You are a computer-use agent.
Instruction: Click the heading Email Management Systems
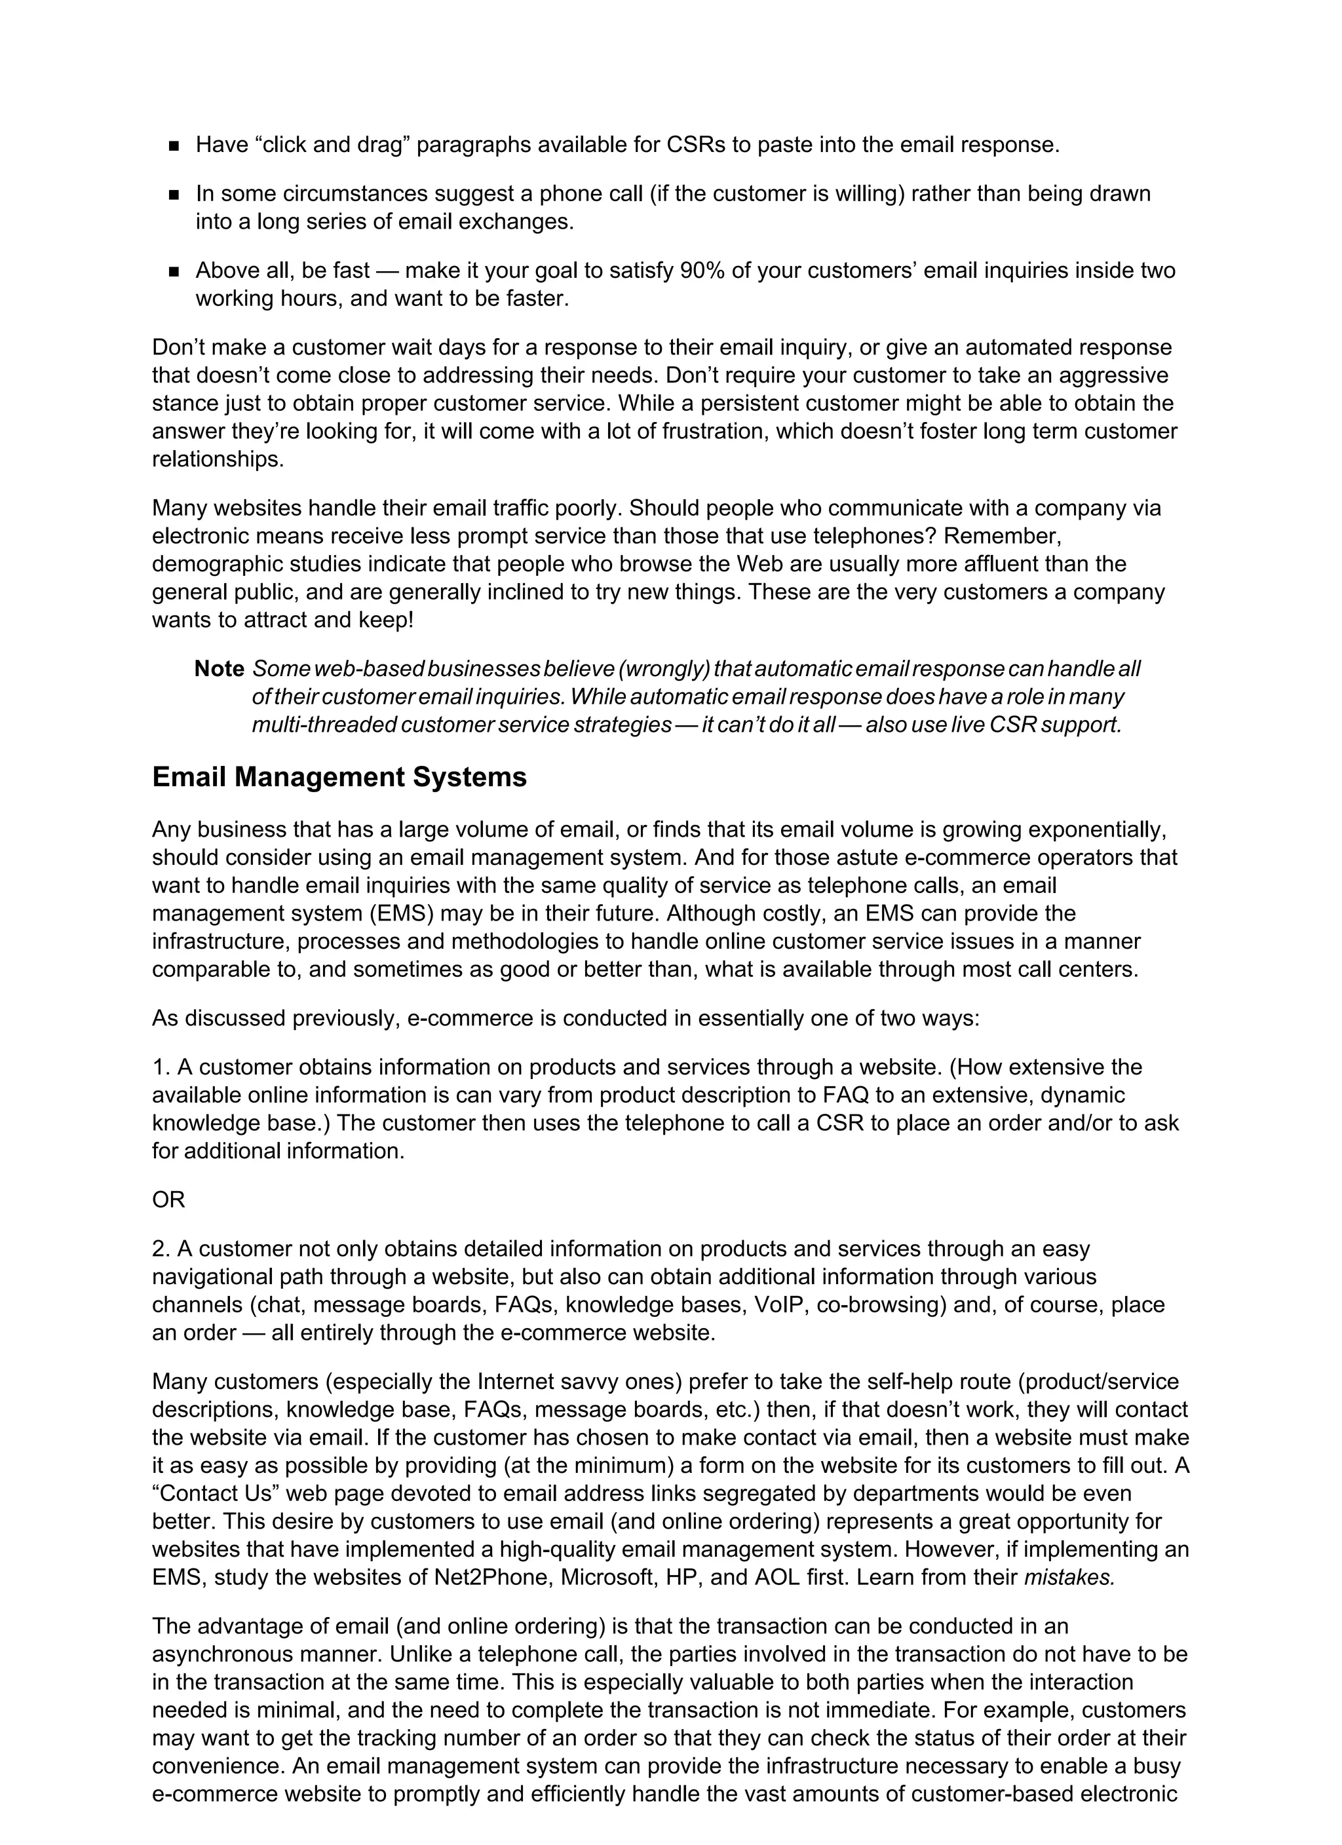[339, 778]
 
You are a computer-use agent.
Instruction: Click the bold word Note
[219, 669]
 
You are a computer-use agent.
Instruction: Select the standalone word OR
[168, 1200]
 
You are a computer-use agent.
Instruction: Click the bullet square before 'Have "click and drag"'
[174, 146]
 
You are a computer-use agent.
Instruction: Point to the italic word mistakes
[1069, 1578]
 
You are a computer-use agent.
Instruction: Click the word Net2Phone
[492, 1578]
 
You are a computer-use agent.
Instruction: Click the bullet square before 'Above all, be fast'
[174, 272]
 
